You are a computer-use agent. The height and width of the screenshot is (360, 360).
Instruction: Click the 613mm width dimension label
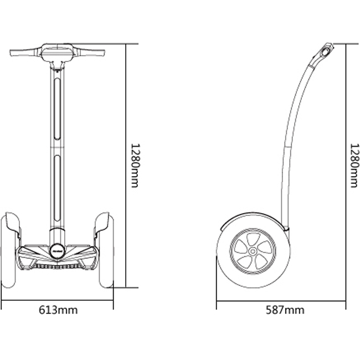[x=58, y=310]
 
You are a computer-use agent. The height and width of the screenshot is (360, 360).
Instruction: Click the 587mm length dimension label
[x=285, y=310]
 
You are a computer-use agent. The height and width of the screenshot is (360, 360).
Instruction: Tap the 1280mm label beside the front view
[x=135, y=166]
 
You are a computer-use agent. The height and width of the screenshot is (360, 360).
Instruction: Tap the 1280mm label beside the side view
[x=354, y=166]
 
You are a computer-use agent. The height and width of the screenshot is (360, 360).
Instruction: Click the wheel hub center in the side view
[x=253, y=251]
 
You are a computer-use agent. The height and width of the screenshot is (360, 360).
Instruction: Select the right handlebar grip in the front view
[x=90, y=53]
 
